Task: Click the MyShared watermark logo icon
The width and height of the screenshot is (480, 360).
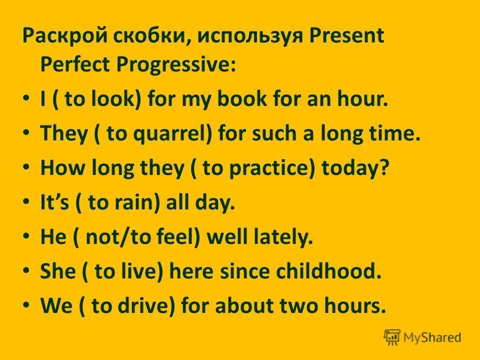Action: pyautogui.click(x=392, y=337)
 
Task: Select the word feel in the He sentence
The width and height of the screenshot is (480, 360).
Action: pyautogui.click(x=177, y=237)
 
